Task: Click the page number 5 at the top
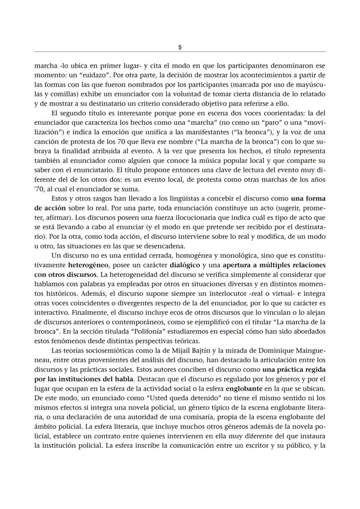[x=180, y=47]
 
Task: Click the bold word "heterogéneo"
[x=87, y=264]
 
